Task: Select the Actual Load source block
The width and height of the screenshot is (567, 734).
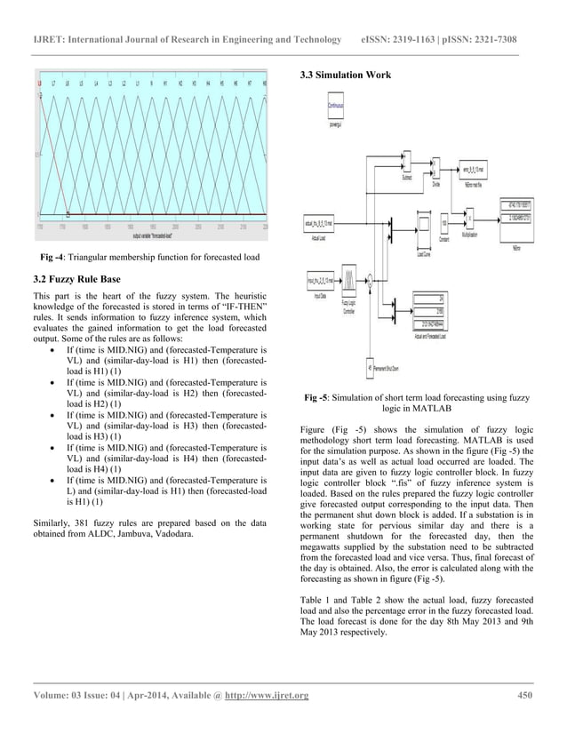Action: click(x=319, y=223)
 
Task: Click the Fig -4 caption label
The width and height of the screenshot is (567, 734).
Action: click(x=52, y=259)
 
